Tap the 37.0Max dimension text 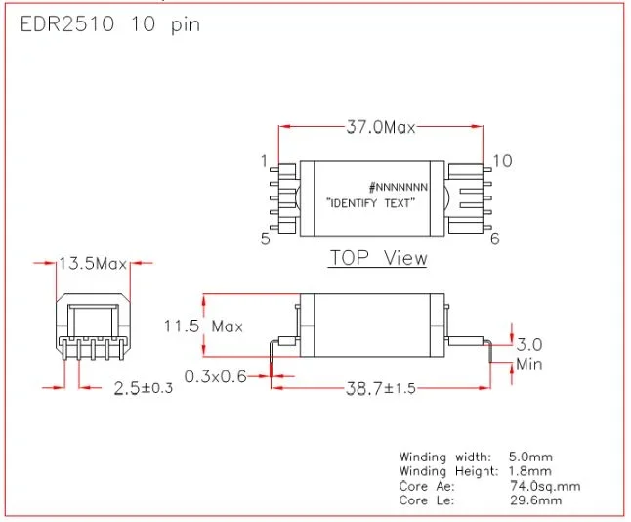click(x=380, y=128)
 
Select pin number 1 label click(x=264, y=160)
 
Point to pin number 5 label click(x=264, y=238)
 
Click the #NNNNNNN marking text click(x=399, y=186)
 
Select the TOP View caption click(x=378, y=258)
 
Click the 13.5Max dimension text click(x=94, y=264)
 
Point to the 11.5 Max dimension click(x=202, y=326)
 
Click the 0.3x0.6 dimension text click(x=214, y=374)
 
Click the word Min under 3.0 click(x=528, y=365)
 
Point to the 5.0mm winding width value click(x=532, y=457)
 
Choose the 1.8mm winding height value click(x=532, y=471)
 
